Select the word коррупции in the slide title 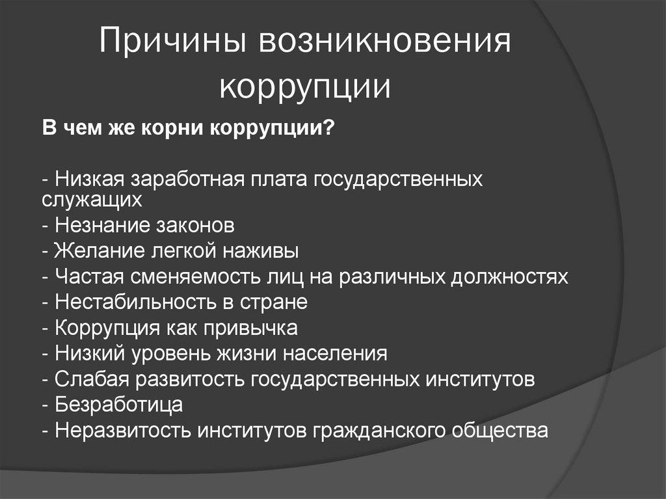pyautogui.click(x=305, y=88)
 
